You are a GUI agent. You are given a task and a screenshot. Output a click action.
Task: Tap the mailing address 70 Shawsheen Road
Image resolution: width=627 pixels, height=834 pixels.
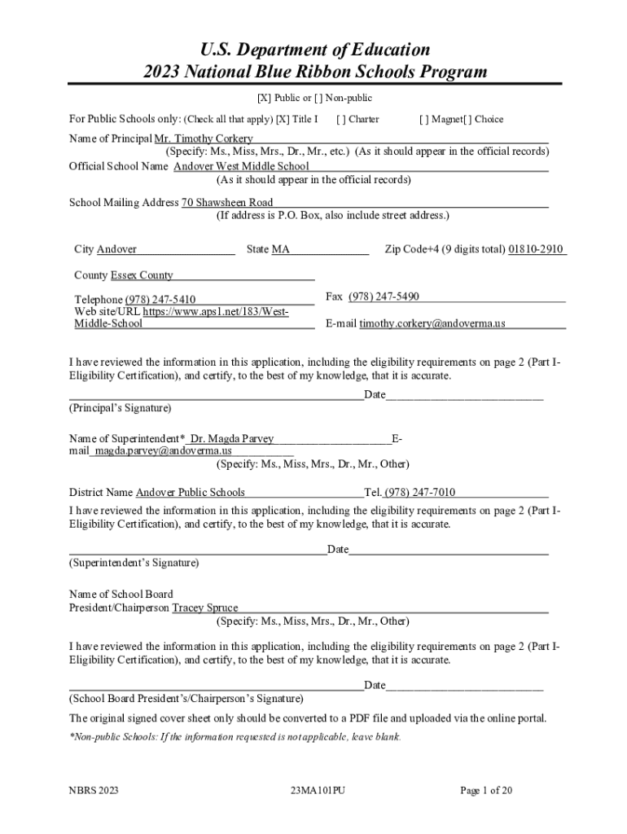[x=227, y=202]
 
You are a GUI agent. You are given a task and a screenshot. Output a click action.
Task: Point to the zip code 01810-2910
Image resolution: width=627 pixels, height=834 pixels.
[x=536, y=249]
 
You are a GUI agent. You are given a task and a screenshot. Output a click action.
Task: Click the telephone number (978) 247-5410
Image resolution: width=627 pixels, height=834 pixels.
[x=160, y=300]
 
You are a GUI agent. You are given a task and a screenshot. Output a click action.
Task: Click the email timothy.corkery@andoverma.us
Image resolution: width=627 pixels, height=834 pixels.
[x=432, y=323]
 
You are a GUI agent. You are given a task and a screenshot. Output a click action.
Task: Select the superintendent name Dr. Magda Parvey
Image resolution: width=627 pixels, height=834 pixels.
[x=232, y=439]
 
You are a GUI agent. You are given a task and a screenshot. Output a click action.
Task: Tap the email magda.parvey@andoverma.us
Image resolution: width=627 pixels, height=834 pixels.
[x=163, y=450]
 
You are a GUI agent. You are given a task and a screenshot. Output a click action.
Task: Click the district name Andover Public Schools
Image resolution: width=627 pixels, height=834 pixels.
[x=190, y=492]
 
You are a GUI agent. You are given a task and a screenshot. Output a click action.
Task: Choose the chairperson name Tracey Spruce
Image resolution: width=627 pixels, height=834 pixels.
[x=205, y=608]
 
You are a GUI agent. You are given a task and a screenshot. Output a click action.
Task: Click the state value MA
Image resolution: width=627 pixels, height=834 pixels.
[x=281, y=249]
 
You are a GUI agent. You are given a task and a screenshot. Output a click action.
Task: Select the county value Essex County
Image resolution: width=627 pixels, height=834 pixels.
[x=142, y=275]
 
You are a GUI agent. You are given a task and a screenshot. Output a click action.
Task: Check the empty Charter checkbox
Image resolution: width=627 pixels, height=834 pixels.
[x=340, y=120]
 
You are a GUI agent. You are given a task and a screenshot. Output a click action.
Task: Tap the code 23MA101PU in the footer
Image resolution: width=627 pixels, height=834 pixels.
[x=318, y=790]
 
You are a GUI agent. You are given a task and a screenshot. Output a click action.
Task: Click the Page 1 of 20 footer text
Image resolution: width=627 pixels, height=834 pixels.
[x=486, y=790]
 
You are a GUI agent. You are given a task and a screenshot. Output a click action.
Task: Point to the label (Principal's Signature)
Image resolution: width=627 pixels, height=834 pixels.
[x=121, y=407]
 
